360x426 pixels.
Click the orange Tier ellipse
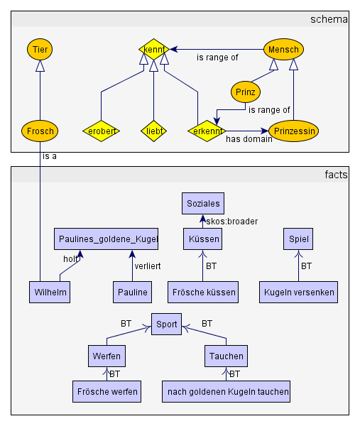tap(40, 50)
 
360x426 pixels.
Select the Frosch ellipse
tap(40, 131)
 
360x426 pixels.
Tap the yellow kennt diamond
tap(154, 50)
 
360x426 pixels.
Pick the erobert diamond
tap(102, 131)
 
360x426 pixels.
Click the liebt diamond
tap(154, 131)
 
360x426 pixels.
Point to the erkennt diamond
tap(207, 131)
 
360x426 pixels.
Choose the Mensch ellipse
tap(283, 50)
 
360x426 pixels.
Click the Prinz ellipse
tap(246, 92)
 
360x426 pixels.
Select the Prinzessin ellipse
tap(294, 131)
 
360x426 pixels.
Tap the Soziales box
tap(203, 204)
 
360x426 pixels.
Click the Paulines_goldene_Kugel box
tap(106, 239)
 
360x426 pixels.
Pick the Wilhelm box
tap(50, 292)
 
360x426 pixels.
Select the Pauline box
tap(132, 292)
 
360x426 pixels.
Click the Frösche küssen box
tap(203, 292)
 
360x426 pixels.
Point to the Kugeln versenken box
tap(299, 292)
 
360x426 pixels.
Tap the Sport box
tap(166, 324)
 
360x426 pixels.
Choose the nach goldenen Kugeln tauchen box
tap(226, 391)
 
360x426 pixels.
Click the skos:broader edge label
tap(231, 222)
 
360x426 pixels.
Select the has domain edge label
tap(249, 139)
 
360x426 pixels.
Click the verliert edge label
tap(148, 266)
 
